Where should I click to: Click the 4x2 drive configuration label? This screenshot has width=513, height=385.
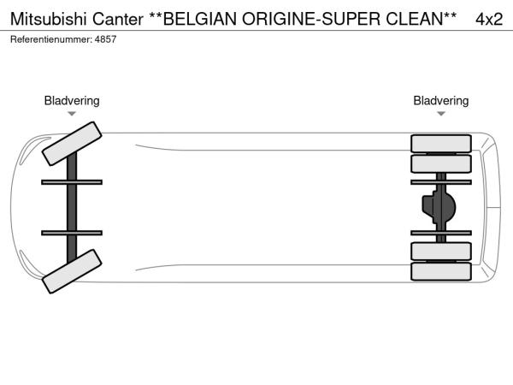pos(488,18)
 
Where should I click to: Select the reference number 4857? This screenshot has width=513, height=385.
pos(105,39)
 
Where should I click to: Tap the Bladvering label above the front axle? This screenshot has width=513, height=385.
pos(72,101)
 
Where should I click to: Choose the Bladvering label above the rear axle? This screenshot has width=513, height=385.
pos(441,101)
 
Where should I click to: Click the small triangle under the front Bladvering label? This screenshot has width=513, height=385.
pos(72,113)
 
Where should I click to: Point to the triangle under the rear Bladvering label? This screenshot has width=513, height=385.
pos(441,113)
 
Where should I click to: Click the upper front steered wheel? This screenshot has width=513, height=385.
pos(72,143)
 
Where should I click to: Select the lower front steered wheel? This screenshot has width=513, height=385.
pos(72,271)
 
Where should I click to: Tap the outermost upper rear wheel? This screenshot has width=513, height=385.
pos(441,142)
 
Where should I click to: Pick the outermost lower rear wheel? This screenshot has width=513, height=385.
pos(441,271)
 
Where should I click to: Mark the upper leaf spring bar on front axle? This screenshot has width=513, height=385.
pos(72,181)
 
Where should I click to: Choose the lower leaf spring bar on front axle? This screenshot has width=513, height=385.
pos(72,232)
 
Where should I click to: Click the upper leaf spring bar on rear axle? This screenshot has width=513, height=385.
pos(441,181)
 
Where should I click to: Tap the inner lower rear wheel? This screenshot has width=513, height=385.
pos(441,251)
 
